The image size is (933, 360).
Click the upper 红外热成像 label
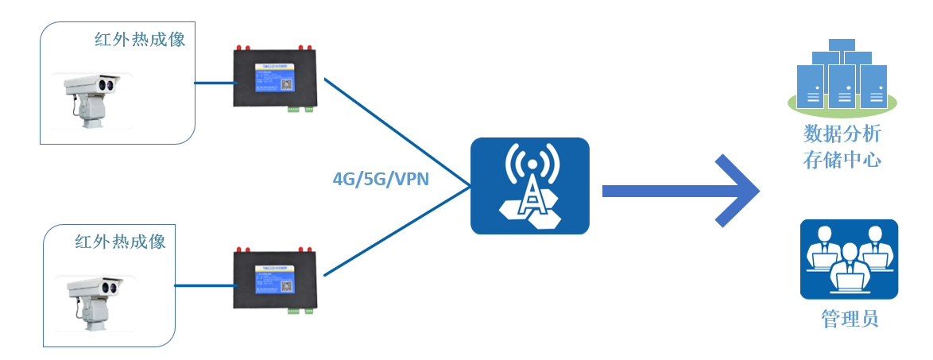(139, 39)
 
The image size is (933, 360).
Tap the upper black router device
(275, 78)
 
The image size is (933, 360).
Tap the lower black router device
(275, 279)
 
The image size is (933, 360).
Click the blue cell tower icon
(529, 186)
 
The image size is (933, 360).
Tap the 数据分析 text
(842, 133)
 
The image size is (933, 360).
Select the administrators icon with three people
(848, 259)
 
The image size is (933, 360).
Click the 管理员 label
(849, 319)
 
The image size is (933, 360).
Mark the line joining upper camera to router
(213, 82)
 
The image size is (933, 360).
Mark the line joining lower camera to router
(203, 285)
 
